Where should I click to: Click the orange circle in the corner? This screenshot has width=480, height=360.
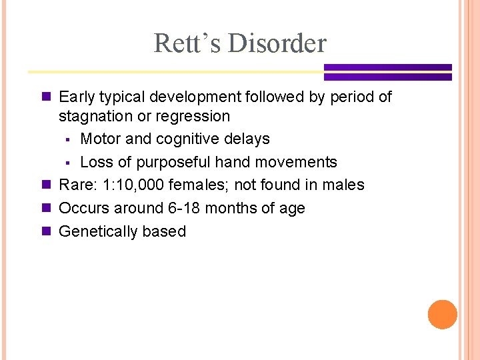[x=442, y=315]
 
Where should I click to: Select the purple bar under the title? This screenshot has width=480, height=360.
[x=387, y=72]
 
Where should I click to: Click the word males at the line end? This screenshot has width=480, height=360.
[x=343, y=185]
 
